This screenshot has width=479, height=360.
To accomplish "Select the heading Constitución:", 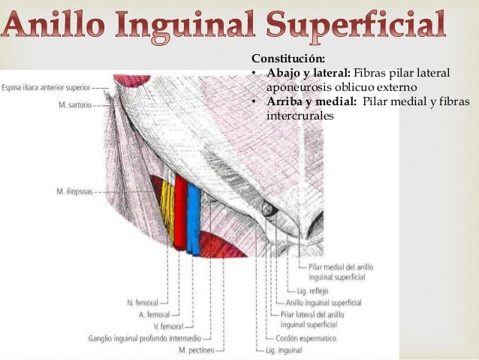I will point(288,58).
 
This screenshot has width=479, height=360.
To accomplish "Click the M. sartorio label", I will point(75,106).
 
